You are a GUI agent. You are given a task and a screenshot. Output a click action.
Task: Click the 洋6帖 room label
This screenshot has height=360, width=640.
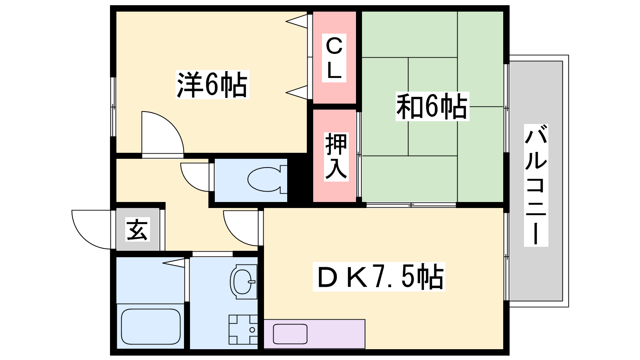(x=212, y=84)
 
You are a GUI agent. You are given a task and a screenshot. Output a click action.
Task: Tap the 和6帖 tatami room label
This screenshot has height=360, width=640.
(x=432, y=106)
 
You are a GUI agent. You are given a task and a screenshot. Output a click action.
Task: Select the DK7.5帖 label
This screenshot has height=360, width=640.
(x=379, y=277)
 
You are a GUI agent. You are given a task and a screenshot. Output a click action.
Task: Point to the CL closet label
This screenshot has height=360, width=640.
(x=334, y=58)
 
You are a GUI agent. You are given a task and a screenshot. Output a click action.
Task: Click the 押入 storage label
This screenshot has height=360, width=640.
(x=336, y=157)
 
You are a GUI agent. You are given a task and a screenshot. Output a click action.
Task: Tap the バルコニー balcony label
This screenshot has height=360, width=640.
(x=536, y=185)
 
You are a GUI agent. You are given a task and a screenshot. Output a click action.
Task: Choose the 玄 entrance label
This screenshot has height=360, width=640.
(x=138, y=230)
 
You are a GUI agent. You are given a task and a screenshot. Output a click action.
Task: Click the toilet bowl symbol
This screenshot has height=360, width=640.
(x=267, y=180)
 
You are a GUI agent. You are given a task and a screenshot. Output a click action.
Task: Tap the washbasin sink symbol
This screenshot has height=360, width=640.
(x=244, y=282)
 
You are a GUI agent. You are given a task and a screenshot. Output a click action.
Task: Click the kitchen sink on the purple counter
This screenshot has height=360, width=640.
(x=290, y=334)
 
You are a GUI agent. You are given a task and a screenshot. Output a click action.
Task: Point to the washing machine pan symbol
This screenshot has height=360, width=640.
(x=243, y=330)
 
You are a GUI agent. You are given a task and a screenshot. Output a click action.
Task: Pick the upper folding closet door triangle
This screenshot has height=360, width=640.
(x=297, y=21)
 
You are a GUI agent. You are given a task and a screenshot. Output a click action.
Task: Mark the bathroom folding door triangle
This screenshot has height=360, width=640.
(x=174, y=262)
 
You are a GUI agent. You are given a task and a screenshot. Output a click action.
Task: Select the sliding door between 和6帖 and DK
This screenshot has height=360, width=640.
(x=411, y=205)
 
